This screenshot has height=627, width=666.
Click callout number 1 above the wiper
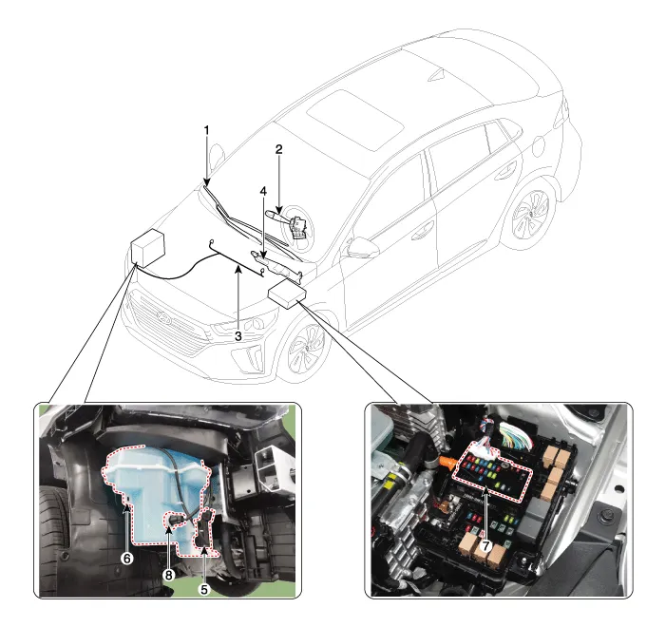207,130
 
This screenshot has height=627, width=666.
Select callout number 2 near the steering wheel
278,149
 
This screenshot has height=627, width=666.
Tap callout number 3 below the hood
238,336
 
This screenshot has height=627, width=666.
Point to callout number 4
263,192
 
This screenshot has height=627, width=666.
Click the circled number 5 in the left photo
204,590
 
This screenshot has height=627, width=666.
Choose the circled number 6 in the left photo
127,559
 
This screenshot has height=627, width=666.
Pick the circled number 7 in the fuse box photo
485,546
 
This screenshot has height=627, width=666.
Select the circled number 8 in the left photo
168,575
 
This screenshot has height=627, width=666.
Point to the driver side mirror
362,248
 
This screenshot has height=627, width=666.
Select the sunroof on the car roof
355,120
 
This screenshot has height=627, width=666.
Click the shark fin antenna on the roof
437,75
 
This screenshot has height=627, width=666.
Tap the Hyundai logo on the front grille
162,317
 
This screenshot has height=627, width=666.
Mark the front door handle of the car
422,234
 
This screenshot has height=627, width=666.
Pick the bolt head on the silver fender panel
605,516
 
